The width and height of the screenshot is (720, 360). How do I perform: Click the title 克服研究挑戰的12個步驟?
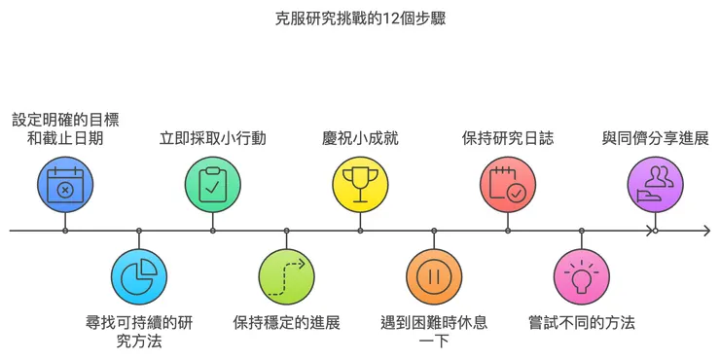(360, 18)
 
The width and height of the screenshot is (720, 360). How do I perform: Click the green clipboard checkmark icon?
(213, 185)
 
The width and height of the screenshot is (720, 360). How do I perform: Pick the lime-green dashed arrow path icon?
(287, 277)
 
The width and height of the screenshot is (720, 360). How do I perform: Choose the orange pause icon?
(434, 277)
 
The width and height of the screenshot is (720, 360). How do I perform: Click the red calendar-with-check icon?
(508, 185)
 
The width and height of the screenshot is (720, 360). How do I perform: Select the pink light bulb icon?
(582, 277)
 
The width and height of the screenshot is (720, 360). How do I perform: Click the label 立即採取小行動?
(213, 137)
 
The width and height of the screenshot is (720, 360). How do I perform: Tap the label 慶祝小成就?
(360, 137)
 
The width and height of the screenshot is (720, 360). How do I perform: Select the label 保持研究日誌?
(508, 137)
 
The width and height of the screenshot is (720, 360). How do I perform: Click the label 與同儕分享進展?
(655, 137)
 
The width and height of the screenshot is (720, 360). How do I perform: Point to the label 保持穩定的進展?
(287, 322)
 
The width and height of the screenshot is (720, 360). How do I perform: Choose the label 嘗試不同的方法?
(582, 322)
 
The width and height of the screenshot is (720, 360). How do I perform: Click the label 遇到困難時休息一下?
(434, 331)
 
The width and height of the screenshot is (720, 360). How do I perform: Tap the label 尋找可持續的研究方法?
(139, 331)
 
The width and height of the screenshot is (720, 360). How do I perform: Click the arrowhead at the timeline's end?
(705, 231)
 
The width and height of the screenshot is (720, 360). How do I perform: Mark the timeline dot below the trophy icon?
(360, 231)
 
